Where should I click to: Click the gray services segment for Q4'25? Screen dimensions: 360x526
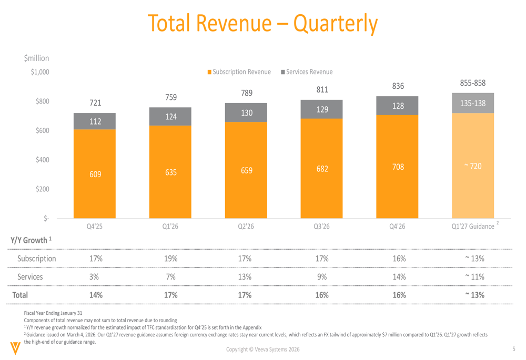(95, 121)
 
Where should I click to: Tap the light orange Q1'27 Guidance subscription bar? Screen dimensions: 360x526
(472, 166)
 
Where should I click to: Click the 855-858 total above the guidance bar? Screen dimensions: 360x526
(472, 83)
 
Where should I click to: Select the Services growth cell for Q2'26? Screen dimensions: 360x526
(246, 276)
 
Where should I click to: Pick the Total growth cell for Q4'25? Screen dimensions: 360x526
(95, 295)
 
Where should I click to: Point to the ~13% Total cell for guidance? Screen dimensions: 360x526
(472, 295)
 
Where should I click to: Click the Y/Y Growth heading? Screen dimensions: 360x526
(30, 241)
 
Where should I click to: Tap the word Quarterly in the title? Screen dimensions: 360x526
(335, 23)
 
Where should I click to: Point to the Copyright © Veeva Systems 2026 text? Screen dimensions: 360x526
(264, 350)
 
